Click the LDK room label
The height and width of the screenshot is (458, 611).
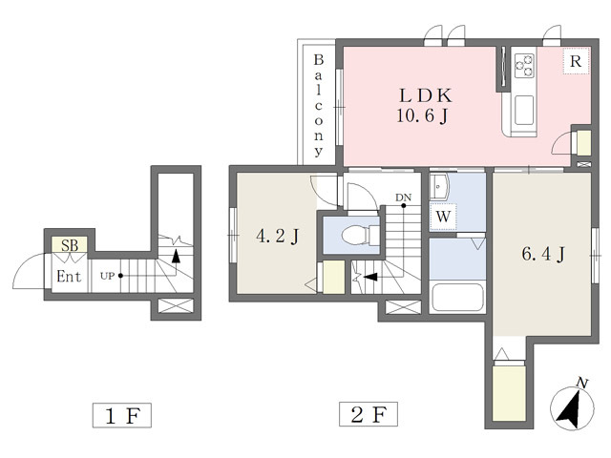tap(418, 95)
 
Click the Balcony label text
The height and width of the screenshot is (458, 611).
tap(319, 105)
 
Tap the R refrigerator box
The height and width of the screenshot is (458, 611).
tap(575, 62)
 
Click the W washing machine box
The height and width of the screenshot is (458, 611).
tap(443, 217)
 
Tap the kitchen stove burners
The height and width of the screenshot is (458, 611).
tap(524, 64)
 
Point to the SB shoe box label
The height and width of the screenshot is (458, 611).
tap(70, 245)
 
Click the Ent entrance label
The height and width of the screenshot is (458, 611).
tap(68, 278)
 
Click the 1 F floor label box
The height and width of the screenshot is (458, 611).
tap(122, 415)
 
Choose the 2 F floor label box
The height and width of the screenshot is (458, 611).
tap(368, 415)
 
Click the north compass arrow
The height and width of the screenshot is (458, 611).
tap(571, 406)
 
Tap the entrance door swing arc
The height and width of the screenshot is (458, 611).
tap(27, 271)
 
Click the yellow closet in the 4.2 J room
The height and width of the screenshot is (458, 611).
tap(333, 277)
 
